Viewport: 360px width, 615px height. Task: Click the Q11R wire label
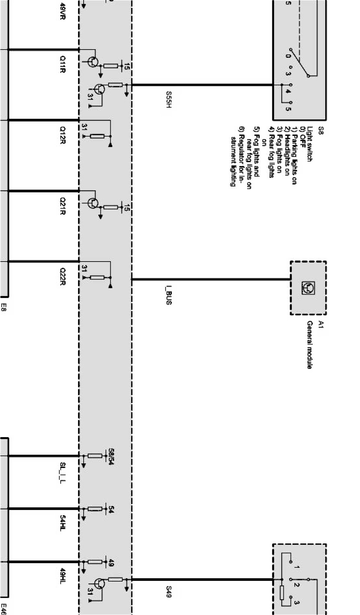63,64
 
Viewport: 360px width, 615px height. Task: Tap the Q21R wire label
63,206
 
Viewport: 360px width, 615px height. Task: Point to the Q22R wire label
63,277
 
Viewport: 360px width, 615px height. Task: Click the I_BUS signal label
168,295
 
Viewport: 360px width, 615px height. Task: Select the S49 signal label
168,591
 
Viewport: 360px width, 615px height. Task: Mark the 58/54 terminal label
111,456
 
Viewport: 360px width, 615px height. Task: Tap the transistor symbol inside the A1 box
308,288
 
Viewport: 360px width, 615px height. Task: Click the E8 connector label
4,308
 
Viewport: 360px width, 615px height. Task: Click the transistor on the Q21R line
93,203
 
